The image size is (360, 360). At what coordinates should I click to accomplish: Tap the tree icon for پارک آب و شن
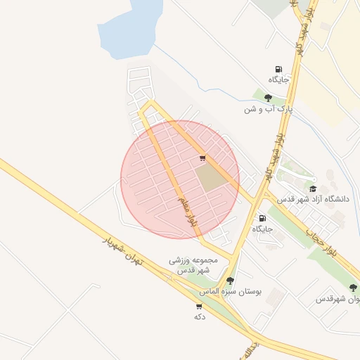coord(268,98)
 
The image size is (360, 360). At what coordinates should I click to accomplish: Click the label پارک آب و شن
coord(268,110)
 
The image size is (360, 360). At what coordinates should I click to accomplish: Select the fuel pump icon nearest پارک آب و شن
coord(279,69)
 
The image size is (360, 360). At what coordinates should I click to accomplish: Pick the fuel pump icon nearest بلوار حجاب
coord(263,218)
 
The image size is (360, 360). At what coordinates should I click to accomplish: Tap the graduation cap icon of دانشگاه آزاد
coord(313,188)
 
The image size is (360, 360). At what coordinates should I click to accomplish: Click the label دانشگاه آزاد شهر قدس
coord(313,200)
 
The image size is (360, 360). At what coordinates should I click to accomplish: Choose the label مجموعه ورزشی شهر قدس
coord(193,264)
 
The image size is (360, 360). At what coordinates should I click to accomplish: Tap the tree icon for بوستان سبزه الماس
coord(230,281)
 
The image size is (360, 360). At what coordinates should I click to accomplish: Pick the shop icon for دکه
coord(199,307)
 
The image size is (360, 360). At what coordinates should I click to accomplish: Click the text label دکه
coord(199,317)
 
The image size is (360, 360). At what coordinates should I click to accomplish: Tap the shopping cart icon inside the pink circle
coord(202,158)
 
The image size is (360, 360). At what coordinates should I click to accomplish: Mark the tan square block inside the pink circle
coord(212,176)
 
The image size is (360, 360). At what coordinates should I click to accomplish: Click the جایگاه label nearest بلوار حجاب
coord(262,229)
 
